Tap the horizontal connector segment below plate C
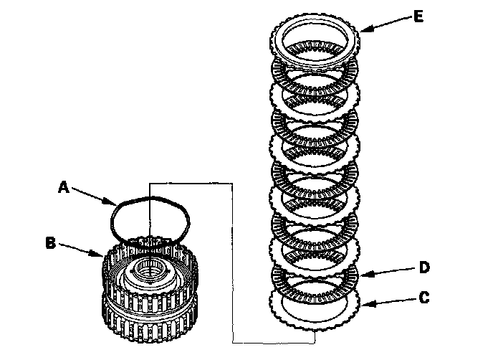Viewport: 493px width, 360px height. click(272, 341)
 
